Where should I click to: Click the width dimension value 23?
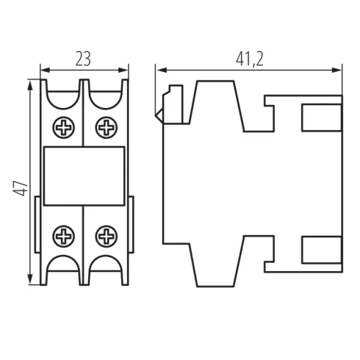click(83, 59)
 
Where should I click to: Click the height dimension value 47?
click(21, 188)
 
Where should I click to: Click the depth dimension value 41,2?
click(250, 60)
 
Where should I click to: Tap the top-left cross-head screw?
click(64, 128)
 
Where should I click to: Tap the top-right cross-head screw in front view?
click(107, 128)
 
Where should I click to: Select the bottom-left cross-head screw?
click(63, 237)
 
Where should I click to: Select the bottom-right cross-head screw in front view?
click(107, 237)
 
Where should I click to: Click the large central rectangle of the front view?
click(84, 176)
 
